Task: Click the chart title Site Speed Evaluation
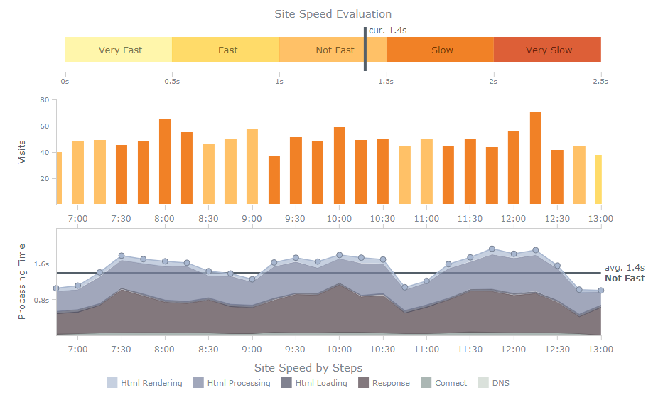(x=333, y=14)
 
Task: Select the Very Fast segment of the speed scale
(x=119, y=50)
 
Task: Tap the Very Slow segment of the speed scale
(x=548, y=50)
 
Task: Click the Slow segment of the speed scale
(x=441, y=50)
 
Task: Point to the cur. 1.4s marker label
(x=388, y=31)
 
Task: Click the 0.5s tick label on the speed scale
(x=172, y=82)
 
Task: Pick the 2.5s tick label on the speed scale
(x=600, y=82)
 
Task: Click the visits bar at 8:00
(x=165, y=161)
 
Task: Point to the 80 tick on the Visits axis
(x=44, y=100)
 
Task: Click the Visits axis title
(x=22, y=152)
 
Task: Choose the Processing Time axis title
(x=22, y=282)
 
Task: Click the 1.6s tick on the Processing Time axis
(x=41, y=264)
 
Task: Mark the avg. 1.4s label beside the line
(x=623, y=268)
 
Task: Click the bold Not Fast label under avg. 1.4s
(x=625, y=279)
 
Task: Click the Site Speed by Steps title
(x=308, y=368)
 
